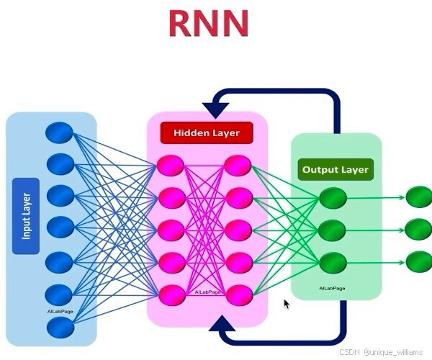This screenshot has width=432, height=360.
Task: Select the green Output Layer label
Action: [x=335, y=171]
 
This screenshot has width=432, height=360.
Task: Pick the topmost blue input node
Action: [x=60, y=132]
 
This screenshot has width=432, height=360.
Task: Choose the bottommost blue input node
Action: [x=60, y=328]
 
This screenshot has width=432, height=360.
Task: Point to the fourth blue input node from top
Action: [x=60, y=228]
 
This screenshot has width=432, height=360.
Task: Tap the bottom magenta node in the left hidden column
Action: [x=171, y=294]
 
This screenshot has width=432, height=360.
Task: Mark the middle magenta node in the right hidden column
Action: [x=238, y=230]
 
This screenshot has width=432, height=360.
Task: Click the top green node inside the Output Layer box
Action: [x=333, y=198]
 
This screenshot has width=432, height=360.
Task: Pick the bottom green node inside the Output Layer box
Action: [x=333, y=261]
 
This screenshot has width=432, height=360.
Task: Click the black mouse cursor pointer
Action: [x=287, y=304]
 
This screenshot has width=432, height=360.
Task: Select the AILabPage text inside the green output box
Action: [x=332, y=288]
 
